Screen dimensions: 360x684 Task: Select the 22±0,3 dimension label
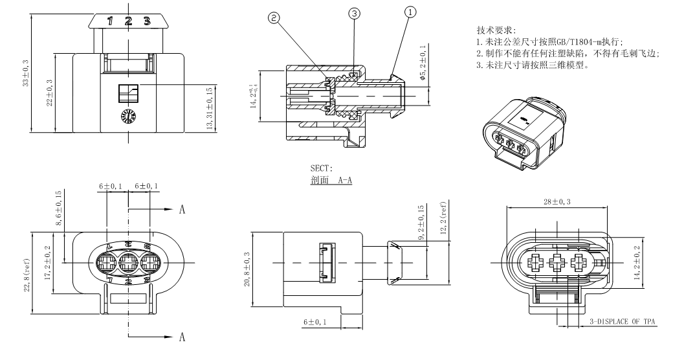(x=50, y=93)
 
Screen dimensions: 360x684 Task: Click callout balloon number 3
(x=354, y=13)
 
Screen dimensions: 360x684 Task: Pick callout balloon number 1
(x=410, y=11)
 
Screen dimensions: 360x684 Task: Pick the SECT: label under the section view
(x=321, y=170)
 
